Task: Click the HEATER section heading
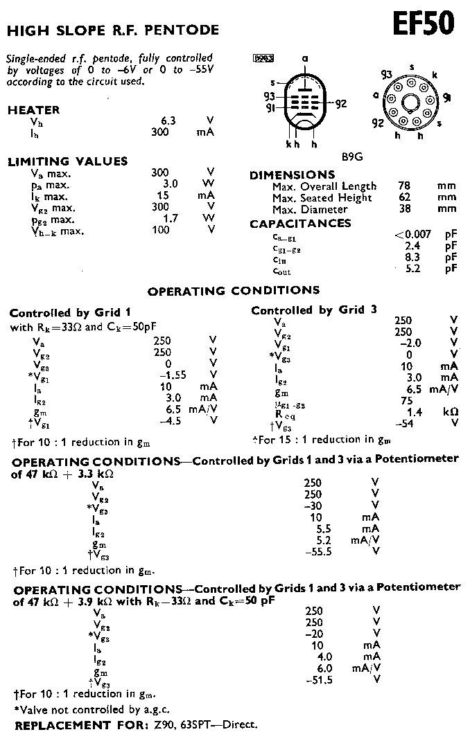coord(33,110)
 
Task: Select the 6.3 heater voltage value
coord(168,120)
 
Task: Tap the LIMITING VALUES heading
coord(67,161)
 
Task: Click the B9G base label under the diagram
coord(353,157)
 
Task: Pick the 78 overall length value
coord(404,186)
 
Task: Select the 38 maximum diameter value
coord(404,209)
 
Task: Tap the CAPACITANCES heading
coord(300,224)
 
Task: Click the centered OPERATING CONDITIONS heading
coord(234,290)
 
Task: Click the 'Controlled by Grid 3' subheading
coord(314,310)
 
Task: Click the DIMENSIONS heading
coord(292,175)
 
